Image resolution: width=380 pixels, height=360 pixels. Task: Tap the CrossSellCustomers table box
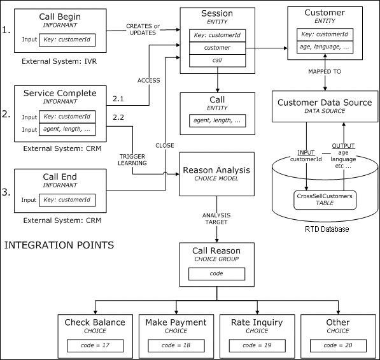[x=325, y=200]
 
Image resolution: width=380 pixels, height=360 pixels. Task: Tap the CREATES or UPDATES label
[x=143, y=29]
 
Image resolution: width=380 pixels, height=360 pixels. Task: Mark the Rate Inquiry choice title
[x=255, y=322]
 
